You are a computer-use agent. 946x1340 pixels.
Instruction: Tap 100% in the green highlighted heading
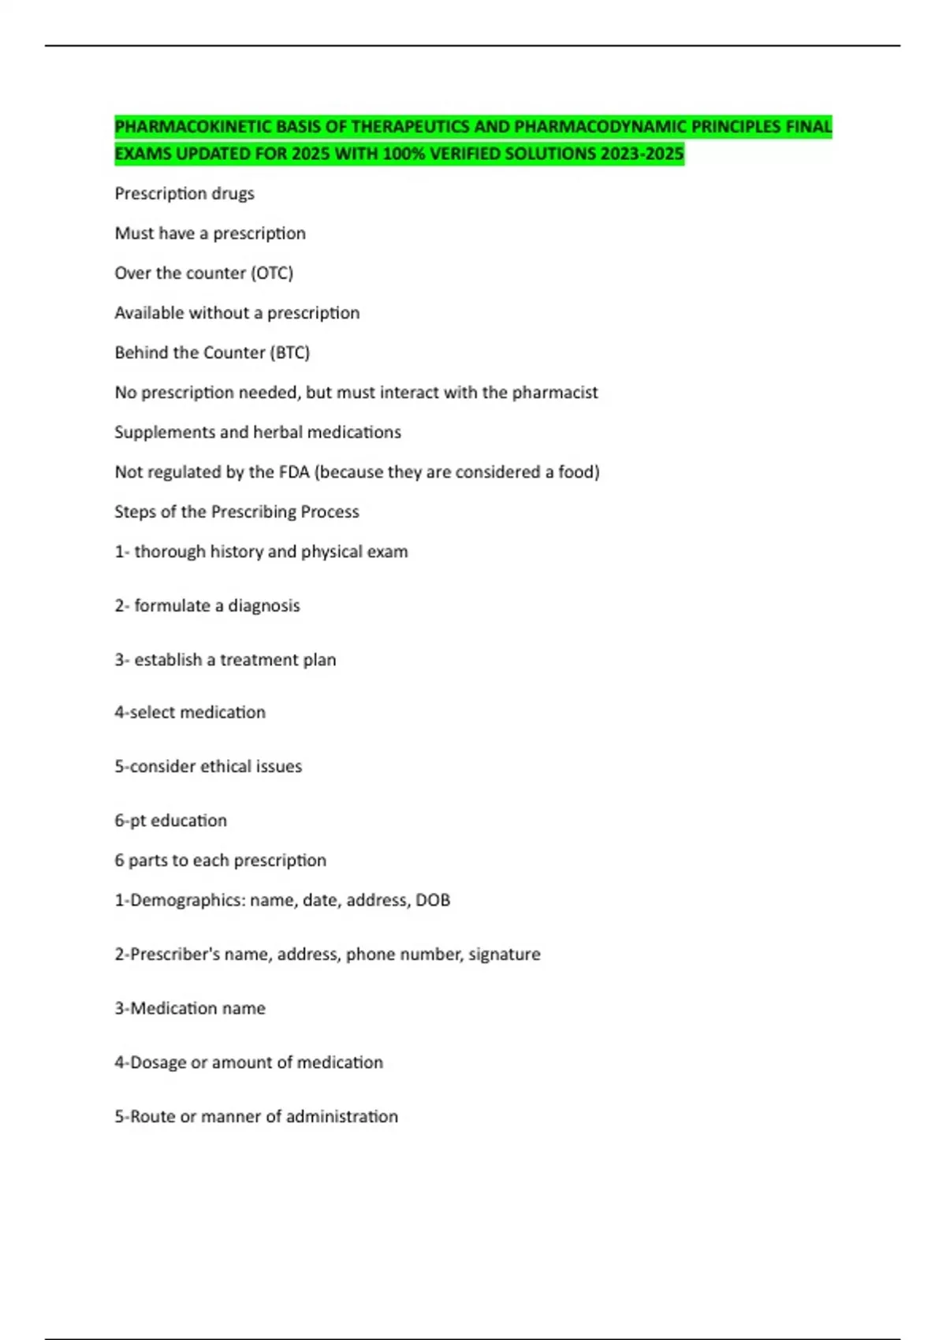[404, 154]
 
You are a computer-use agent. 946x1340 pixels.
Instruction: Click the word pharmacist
[555, 393]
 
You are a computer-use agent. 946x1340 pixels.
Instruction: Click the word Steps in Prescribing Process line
[135, 512]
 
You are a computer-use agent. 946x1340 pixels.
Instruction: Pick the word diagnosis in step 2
[264, 606]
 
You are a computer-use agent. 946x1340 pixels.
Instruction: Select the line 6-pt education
[171, 821]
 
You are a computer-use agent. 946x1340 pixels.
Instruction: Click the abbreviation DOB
[433, 900]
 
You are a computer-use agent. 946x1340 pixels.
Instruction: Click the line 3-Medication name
[190, 1008]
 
